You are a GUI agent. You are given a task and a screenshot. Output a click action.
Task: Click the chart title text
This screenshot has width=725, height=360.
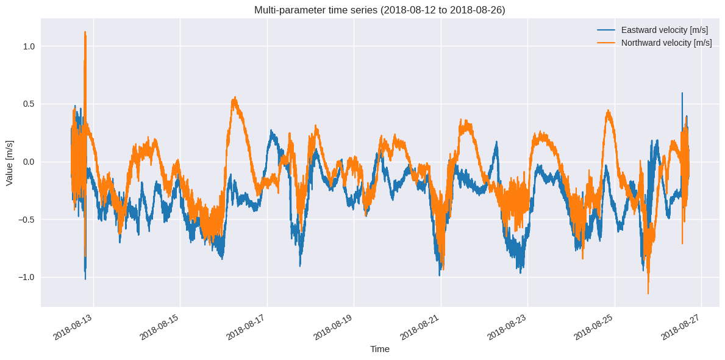tap(379, 10)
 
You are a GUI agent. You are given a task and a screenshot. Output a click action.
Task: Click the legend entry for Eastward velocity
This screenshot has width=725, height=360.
tap(664, 30)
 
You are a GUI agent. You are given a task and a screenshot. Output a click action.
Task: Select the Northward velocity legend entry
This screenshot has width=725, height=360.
tap(666, 43)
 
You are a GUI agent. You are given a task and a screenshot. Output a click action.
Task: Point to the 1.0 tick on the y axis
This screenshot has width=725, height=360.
tap(29, 46)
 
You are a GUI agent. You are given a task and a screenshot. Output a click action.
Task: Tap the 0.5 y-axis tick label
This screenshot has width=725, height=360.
tap(29, 104)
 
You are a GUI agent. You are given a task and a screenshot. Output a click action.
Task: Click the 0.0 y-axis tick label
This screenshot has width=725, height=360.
tap(29, 162)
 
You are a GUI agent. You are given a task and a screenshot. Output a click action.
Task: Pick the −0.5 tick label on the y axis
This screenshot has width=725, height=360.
tap(27, 220)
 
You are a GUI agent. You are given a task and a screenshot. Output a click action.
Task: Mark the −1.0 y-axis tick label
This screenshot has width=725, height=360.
tap(27, 277)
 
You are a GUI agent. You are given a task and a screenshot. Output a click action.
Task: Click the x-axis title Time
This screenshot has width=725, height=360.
tap(379, 349)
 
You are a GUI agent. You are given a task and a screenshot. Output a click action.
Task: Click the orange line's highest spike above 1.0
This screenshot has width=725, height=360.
tap(85, 32)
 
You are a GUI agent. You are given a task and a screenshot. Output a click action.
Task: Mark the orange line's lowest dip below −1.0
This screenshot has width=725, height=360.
tap(648, 293)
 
